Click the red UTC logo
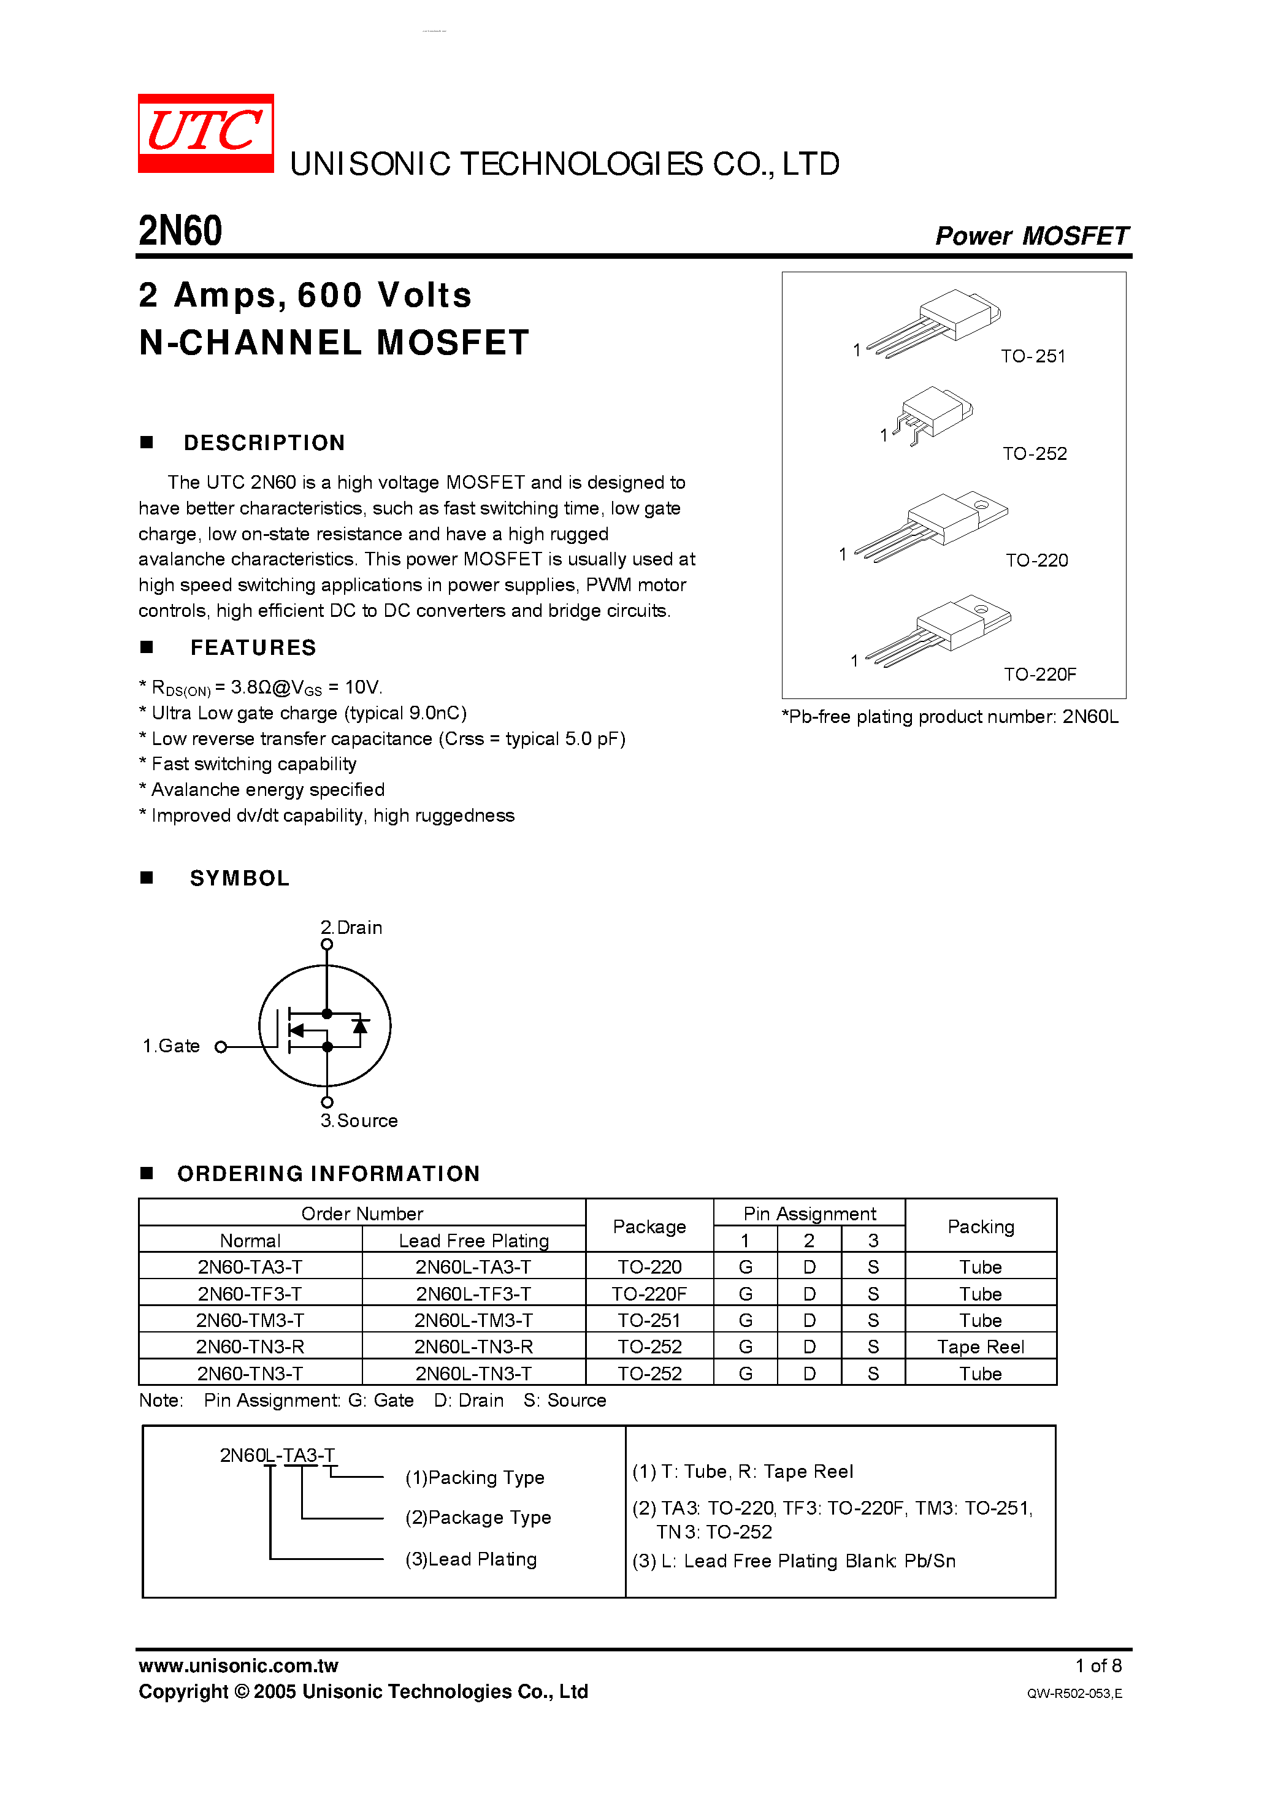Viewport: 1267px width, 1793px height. tap(205, 132)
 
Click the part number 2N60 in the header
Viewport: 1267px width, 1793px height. tap(180, 231)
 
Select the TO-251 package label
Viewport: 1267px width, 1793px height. tap(1033, 356)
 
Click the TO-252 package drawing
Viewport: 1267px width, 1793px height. tap(931, 414)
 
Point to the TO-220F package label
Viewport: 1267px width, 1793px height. tap(1039, 674)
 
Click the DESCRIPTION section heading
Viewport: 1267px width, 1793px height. tap(264, 443)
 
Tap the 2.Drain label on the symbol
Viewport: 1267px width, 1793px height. tap(351, 928)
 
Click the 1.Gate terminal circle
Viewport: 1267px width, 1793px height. tap(221, 1047)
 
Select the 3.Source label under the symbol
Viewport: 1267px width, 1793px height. tap(359, 1121)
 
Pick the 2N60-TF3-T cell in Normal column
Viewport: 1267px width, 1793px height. tap(250, 1294)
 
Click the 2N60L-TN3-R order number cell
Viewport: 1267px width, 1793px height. tap(473, 1347)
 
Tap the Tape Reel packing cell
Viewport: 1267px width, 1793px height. tap(981, 1347)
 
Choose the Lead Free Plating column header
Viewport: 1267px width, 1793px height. tap(473, 1241)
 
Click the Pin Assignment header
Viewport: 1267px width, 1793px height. tap(810, 1214)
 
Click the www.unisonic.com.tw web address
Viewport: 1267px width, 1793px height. tap(238, 1665)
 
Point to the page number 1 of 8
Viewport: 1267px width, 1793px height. tap(1098, 1665)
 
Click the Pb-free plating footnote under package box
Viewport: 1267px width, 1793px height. tap(950, 717)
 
